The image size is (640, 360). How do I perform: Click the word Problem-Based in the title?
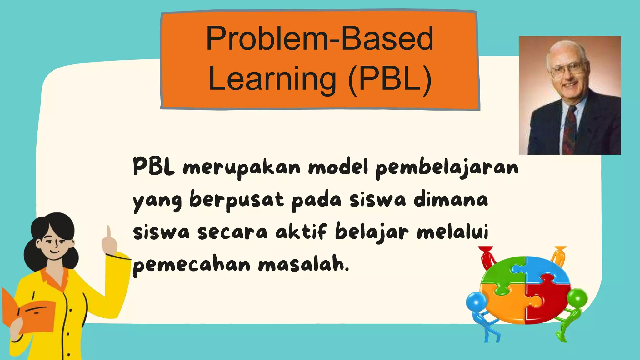(320, 39)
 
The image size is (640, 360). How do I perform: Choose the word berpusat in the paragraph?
(237, 200)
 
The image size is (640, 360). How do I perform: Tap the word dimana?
(451, 200)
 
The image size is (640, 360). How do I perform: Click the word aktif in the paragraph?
(301, 232)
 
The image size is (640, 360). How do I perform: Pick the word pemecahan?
(192, 265)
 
